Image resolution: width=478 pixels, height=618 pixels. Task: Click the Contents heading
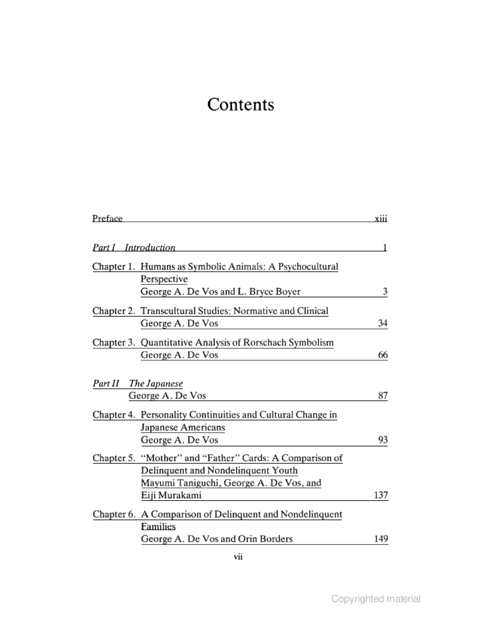241,104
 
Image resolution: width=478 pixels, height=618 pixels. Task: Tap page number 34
383,323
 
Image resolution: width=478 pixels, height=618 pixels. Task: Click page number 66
383,355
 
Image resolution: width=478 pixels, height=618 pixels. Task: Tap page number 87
383,395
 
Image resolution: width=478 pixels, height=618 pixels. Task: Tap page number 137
381,495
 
